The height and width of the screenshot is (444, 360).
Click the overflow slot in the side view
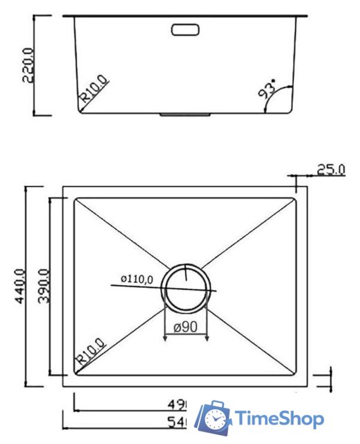[185, 30]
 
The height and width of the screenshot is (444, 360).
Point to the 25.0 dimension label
[330, 169]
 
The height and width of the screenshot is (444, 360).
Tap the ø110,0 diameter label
[136, 279]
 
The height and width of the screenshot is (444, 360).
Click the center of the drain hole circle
[186, 288]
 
